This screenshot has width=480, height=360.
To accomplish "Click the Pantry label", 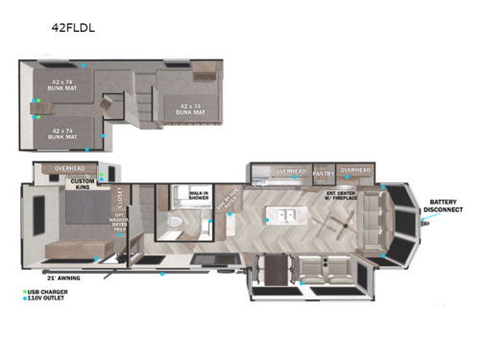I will coord(323,172).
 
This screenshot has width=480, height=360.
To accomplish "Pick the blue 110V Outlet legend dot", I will coord(24,298).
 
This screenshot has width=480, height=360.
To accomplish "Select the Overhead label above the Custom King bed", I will coord(70,169).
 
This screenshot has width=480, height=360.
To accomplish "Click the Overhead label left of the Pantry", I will coord(291,172).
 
